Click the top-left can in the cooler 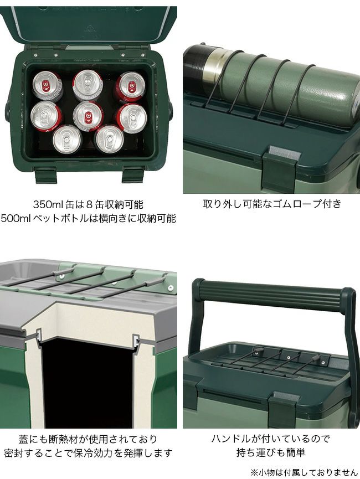tap(48, 85)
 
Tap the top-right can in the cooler tap(130, 87)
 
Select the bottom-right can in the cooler tap(109, 139)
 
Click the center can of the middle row tap(88, 116)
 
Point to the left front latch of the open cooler tap(46, 175)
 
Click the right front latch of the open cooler tap(133, 175)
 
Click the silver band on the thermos tap(216, 66)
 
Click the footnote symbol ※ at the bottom tap(254, 472)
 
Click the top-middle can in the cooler tap(88, 85)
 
